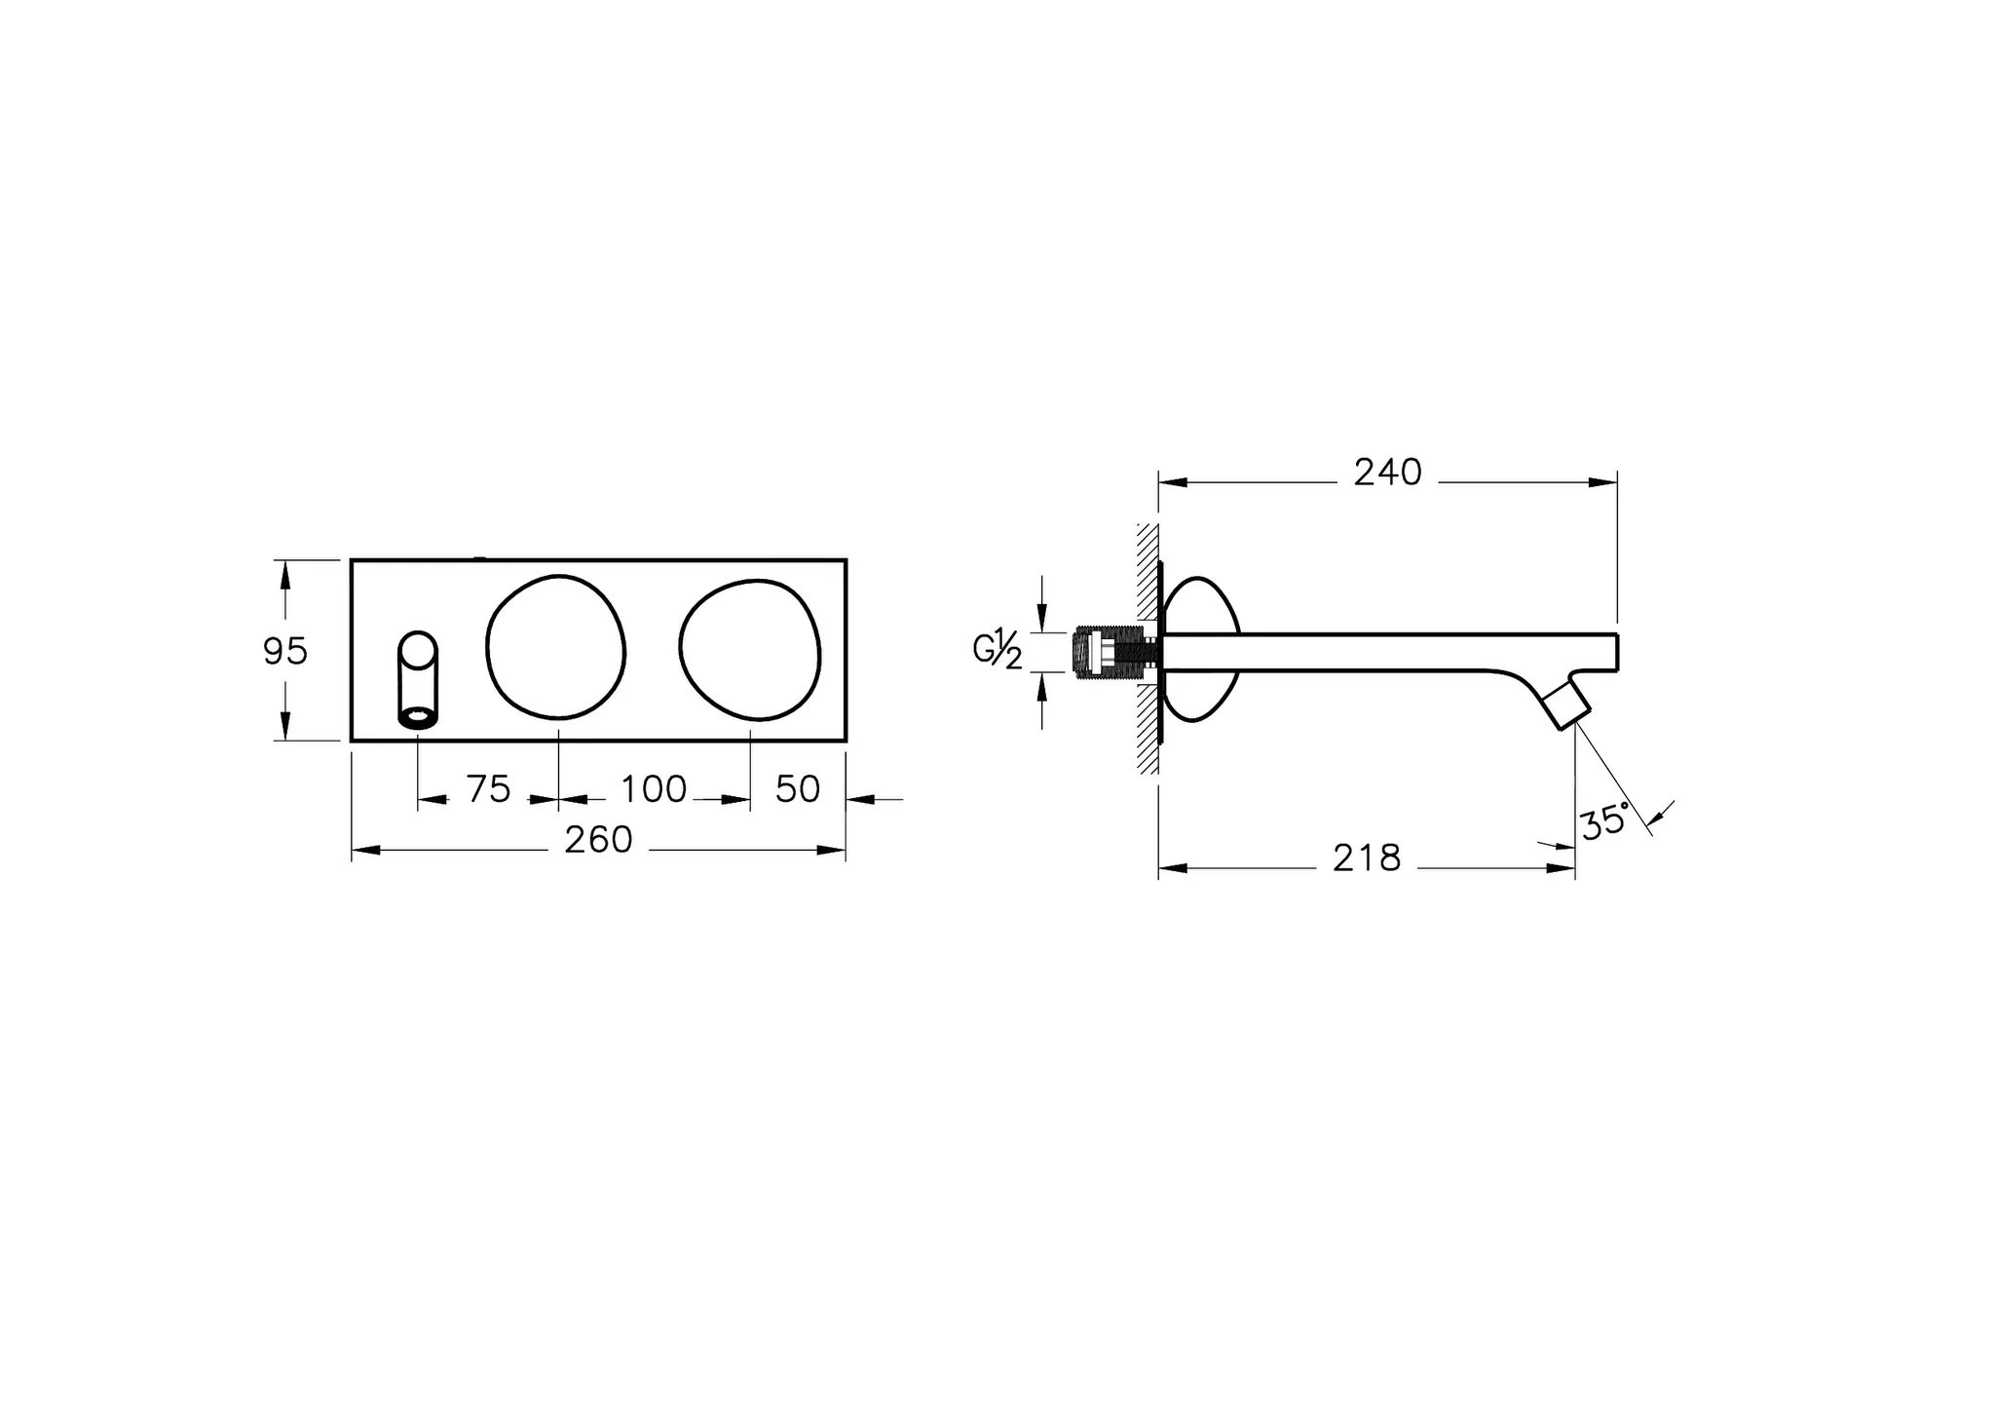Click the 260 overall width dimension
pyautogui.click(x=598, y=840)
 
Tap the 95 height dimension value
pyautogui.click(x=285, y=651)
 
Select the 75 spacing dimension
pyautogui.click(x=488, y=789)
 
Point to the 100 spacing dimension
pyautogui.click(x=654, y=789)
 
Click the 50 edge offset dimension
pyautogui.click(x=798, y=789)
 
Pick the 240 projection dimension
pyautogui.click(x=1388, y=473)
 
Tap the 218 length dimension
pyautogui.click(x=1367, y=858)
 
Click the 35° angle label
pyautogui.click(x=1604, y=821)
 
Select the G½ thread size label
pyautogui.click(x=997, y=650)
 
